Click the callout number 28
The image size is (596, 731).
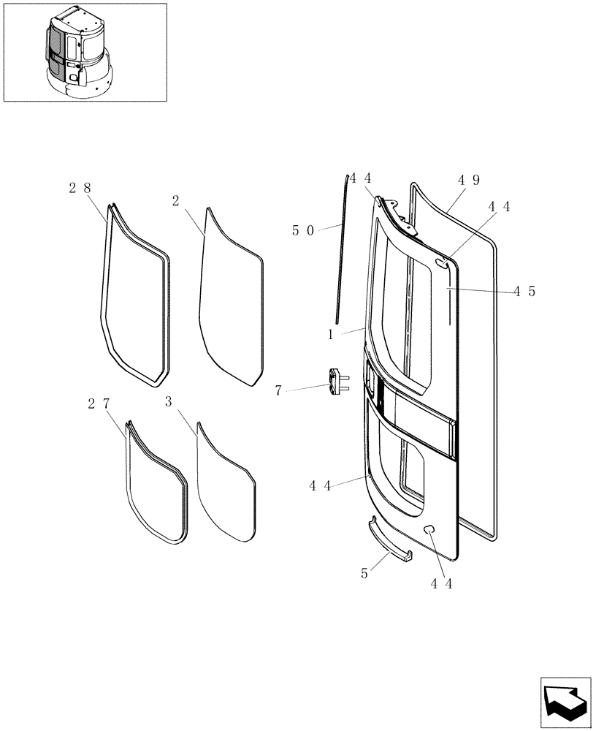[80, 188]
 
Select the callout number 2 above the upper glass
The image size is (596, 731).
[175, 200]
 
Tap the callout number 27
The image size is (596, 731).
[99, 404]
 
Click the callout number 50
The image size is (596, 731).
[303, 230]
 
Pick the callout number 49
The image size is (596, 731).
[469, 180]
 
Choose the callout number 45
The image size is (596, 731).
[524, 291]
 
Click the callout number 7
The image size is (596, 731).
[278, 391]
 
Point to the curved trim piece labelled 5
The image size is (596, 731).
[389, 542]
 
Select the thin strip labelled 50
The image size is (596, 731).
[341, 249]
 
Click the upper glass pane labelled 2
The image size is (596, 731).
[230, 300]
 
